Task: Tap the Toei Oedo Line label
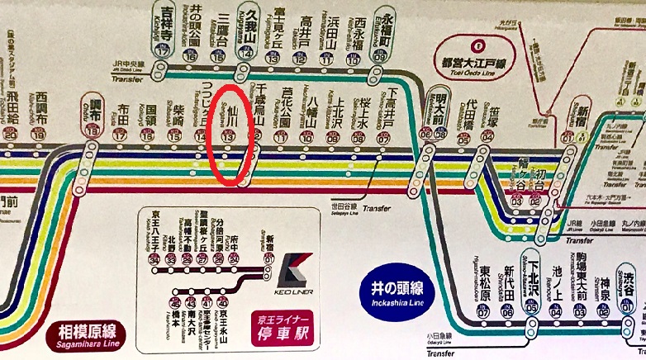tap(477, 69)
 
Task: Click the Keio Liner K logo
tap(294, 269)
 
